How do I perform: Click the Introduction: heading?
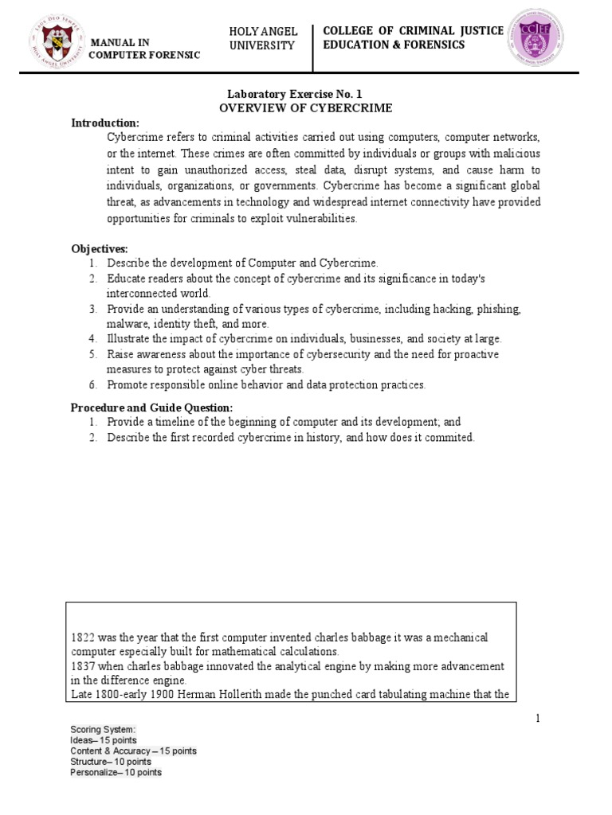point(105,123)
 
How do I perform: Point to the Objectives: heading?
point(100,249)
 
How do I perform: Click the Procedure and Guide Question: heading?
point(151,407)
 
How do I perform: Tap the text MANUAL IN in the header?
point(121,41)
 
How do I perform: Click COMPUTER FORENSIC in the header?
point(144,54)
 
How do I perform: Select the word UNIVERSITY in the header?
point(262,45)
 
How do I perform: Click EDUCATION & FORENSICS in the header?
point(394,45)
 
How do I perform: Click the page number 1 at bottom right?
point(537,719)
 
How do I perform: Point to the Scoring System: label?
point(103,729)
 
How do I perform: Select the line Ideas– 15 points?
point(104,739)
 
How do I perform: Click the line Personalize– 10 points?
point(116,772)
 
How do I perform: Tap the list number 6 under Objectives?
point(92,384)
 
